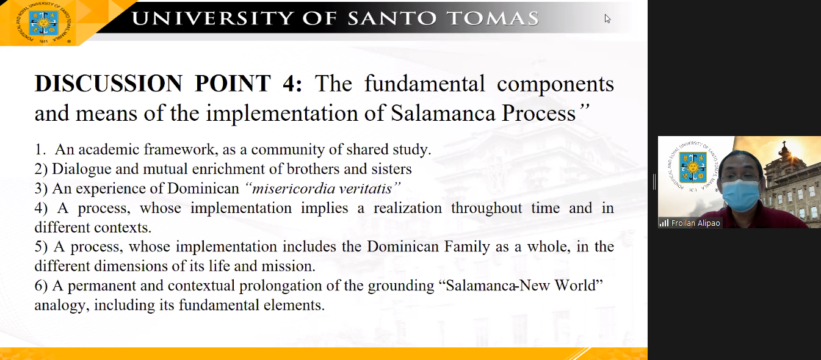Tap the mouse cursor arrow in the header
607,19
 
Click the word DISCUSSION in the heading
109,84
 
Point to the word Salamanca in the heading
443,113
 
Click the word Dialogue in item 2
81,169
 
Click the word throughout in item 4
486,208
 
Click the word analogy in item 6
62,306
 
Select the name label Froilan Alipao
695,223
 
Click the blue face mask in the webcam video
741,195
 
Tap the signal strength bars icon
664,223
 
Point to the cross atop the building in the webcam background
784,144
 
